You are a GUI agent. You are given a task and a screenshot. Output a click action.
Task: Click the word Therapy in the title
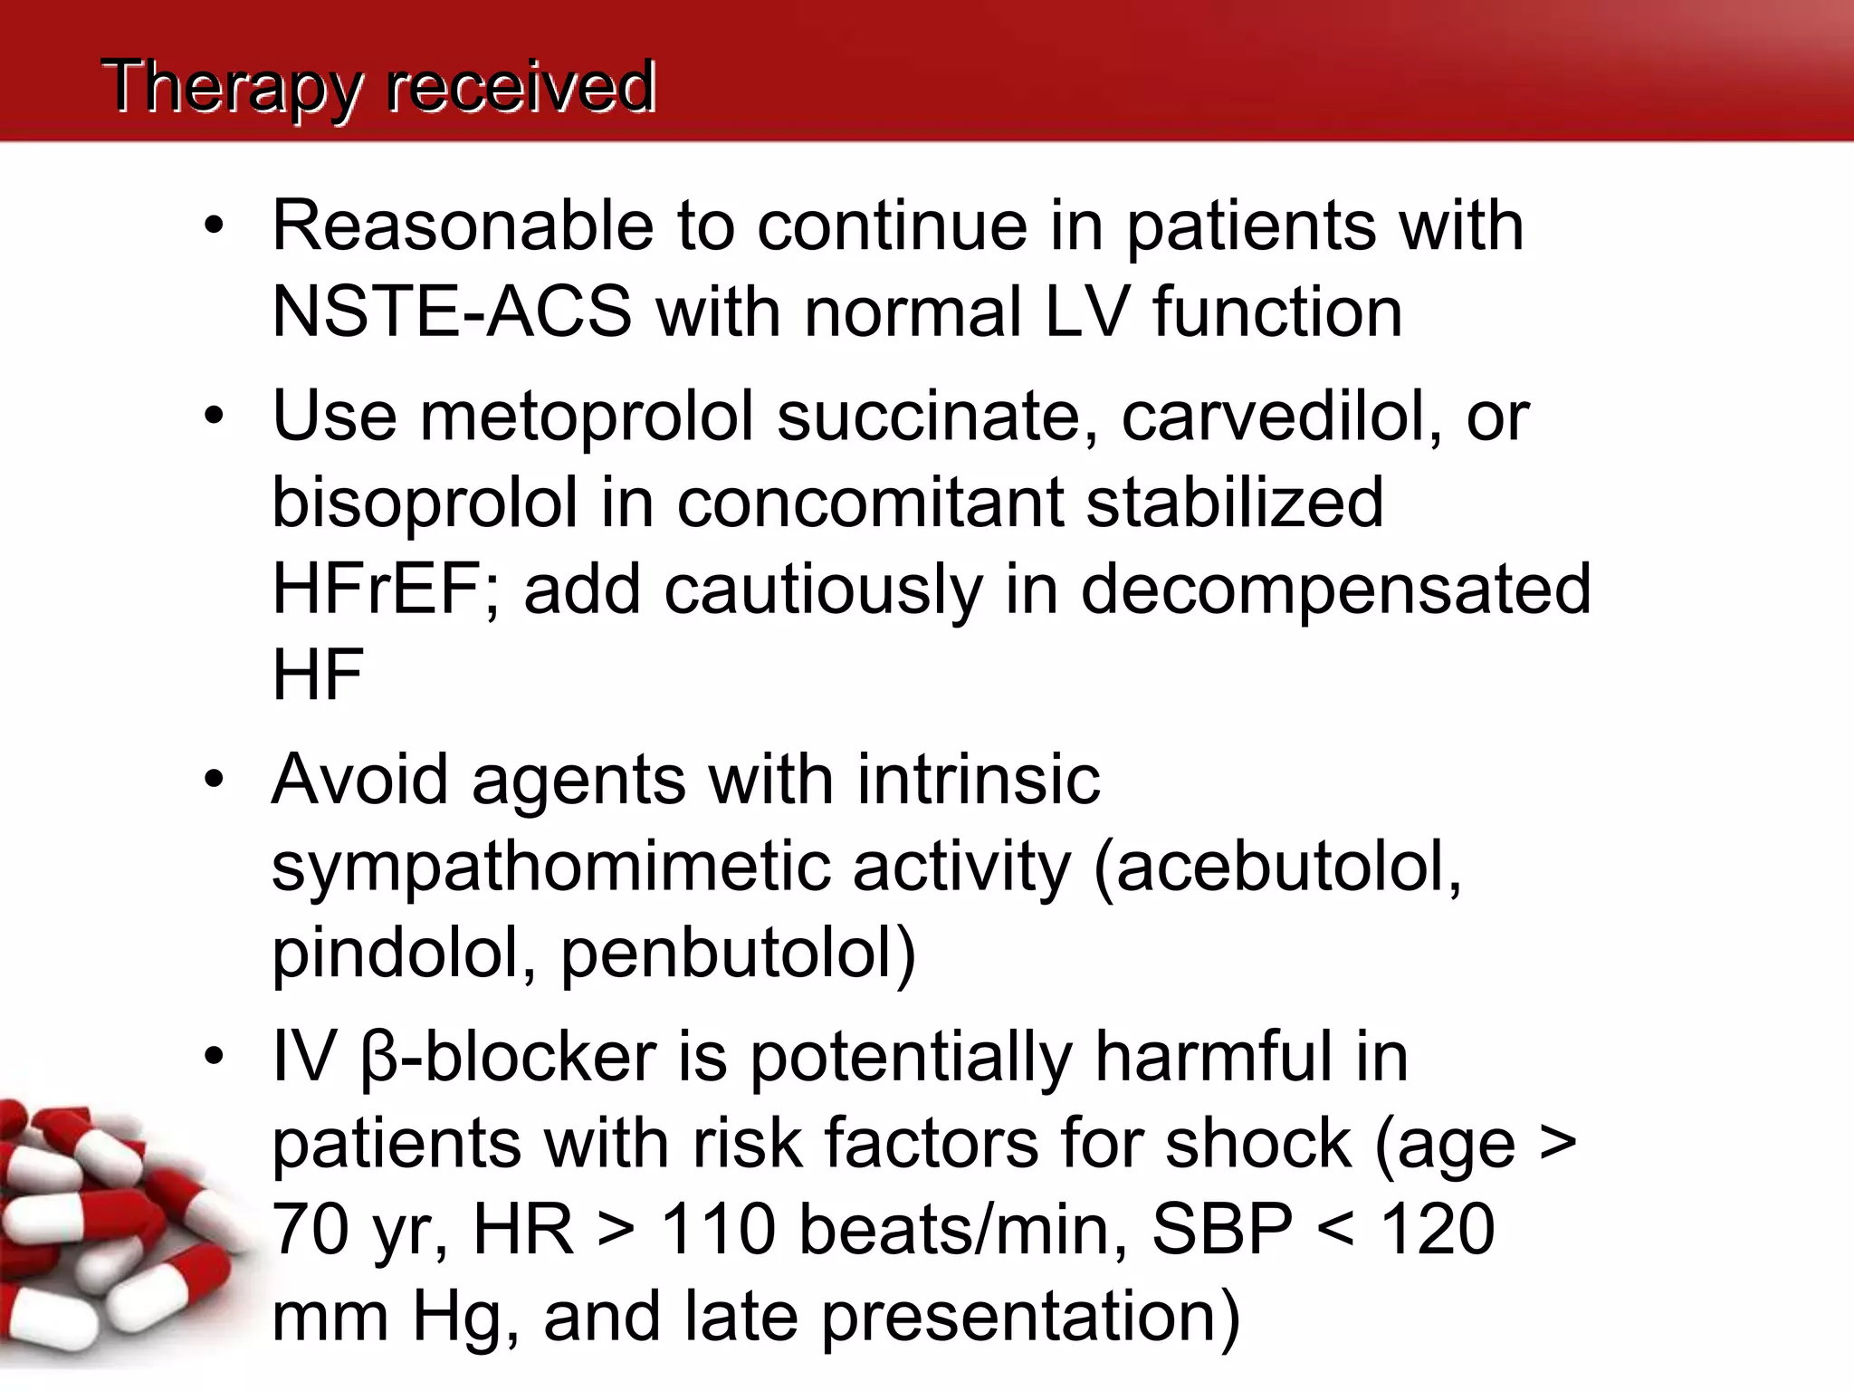(231, 88)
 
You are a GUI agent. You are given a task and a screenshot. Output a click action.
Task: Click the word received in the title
(521, 88)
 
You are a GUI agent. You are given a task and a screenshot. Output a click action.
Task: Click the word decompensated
(1335, 590)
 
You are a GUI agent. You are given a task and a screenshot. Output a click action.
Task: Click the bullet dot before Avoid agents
(214, 779)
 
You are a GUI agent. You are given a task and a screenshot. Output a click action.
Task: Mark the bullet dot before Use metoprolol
(214, 417)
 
